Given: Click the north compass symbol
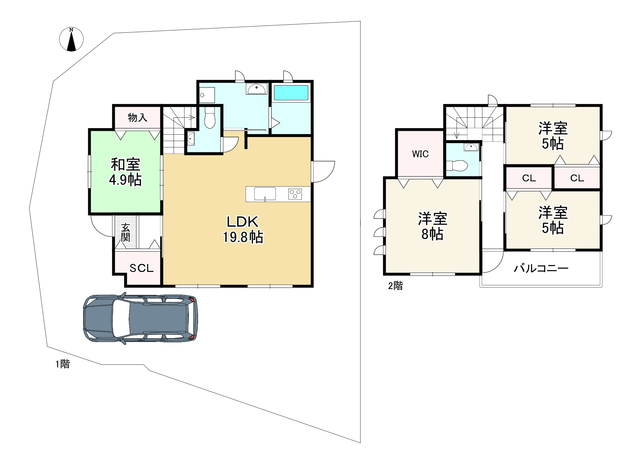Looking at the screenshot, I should (71, 39).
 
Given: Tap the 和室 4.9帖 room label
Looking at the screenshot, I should (125, 172).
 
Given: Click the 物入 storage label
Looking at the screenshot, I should (137, 118).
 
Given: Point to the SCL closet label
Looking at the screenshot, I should (142, 268).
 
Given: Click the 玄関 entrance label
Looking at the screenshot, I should (125, 232).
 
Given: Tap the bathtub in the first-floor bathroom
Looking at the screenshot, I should (291, 93).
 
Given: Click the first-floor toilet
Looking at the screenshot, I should (210, 118).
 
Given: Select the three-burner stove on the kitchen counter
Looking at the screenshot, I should (295, 194).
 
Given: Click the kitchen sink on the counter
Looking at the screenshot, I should (265, 194).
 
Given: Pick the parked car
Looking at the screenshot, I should (140, 318).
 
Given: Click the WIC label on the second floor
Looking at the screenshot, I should (420, 154).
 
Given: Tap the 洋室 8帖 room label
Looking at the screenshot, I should (432, 226).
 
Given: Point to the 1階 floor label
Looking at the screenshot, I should (63, 364).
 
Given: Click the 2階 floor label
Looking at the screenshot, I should (395, 286).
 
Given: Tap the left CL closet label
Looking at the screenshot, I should (529, 178).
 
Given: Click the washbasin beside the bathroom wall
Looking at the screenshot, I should (257, 89).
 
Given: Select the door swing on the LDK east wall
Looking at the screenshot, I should (323, 171).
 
